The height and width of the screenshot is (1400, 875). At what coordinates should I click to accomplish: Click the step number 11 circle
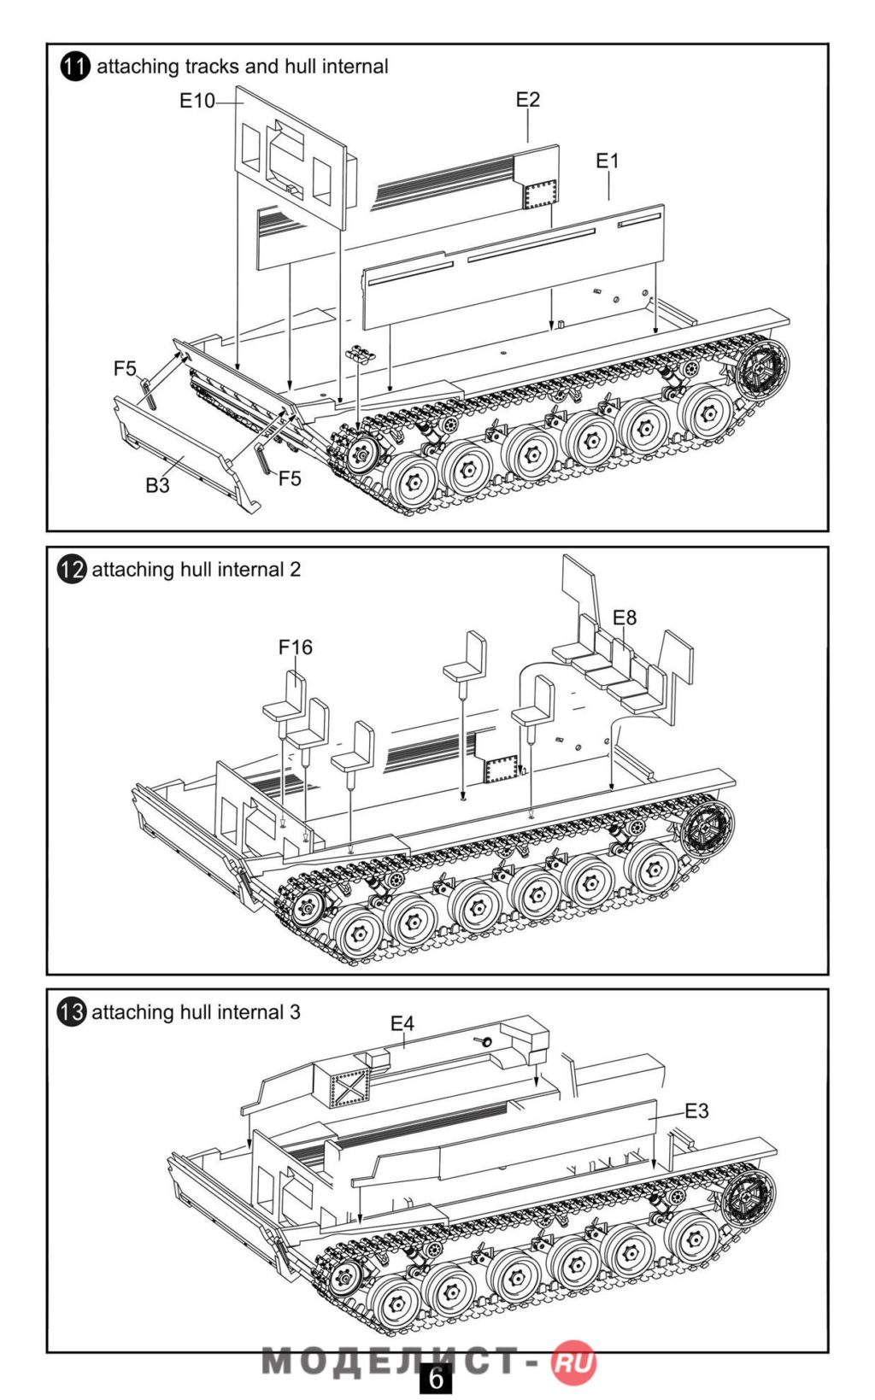(x=75, y=67)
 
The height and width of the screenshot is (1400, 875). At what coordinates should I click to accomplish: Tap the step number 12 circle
(x=72, y=570)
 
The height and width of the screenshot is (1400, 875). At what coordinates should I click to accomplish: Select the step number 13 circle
(x=72, y=1012)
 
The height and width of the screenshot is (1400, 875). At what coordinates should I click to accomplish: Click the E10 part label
(x=197, y=101)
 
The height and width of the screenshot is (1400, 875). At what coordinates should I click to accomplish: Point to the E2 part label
(x=528, y=100)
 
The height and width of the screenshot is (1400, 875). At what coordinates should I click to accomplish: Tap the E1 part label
(x=608, y=161)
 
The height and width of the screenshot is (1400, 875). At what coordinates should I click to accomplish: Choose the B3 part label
(x=157, y=485)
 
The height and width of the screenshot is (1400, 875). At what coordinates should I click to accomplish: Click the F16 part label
(x=296, y=647)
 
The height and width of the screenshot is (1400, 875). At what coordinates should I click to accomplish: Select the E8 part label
(x=625, y=617)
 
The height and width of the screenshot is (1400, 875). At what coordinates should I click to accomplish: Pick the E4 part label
(x=402, y=1022)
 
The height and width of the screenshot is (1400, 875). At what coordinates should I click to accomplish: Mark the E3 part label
(x=696, y=1110)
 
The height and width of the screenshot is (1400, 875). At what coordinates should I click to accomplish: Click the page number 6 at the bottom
(x=436, y=1379)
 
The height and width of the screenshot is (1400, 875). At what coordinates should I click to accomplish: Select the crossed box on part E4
(x=349, y=1089)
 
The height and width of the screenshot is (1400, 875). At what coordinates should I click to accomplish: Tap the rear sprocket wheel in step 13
(x=749, y=1193)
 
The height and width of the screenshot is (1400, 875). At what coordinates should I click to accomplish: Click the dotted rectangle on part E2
(x=540, y=195)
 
